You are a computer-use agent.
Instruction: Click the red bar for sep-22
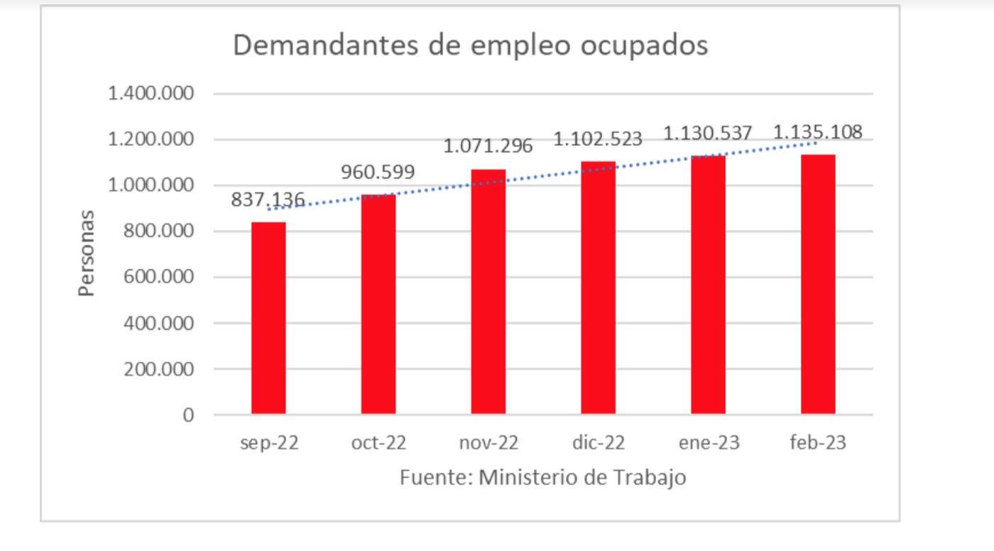click(268, 318)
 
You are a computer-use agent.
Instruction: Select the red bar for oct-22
click(378, 304)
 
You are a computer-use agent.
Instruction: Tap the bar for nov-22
click(488, 292)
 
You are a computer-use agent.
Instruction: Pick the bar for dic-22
click(599, 288)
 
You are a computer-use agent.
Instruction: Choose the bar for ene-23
click(708, 285)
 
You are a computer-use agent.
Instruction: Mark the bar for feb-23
click(818, 284)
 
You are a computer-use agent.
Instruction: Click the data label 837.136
click(268, 200)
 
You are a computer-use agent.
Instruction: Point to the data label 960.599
click(378, 172)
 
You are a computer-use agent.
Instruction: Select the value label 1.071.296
click(488, 146)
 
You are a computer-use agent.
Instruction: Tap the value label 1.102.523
click(598, 138)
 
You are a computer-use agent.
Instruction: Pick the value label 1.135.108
click(817, 132)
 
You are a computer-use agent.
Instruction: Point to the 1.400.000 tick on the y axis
click(151, 94)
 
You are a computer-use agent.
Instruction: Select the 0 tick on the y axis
click(187, 415)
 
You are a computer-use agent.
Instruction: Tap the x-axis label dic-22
click(598, 443)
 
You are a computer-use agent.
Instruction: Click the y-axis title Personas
click(86, 253)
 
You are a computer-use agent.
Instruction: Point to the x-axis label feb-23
click(818, 443)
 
